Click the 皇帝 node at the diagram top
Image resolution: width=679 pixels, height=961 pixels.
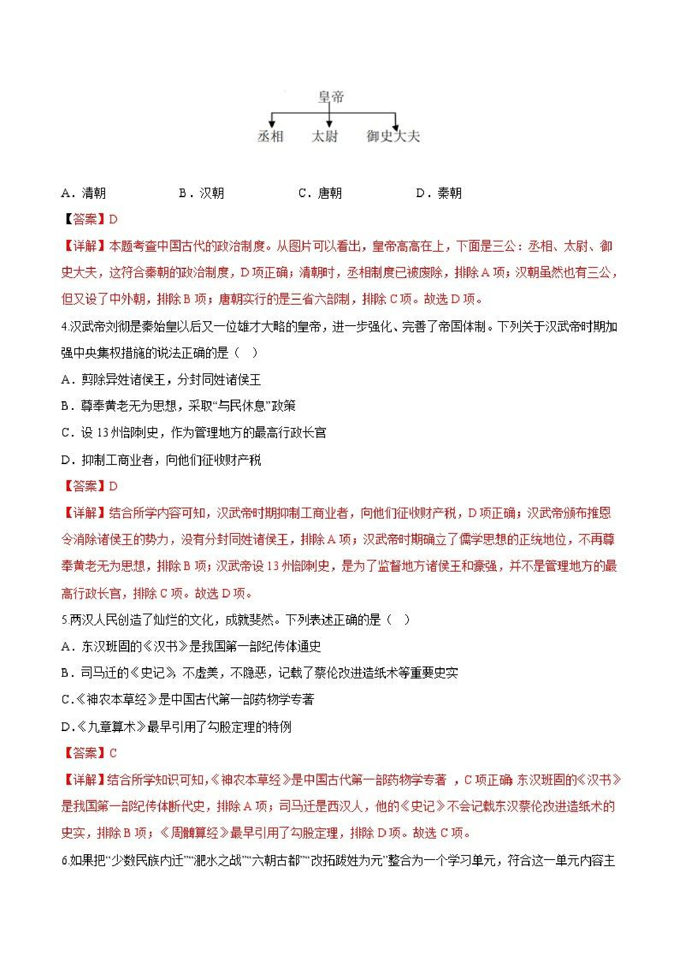click(330, 97)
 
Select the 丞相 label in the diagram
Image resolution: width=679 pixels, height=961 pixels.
click(270, 136)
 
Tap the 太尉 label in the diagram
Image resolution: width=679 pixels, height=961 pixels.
click(324, 136)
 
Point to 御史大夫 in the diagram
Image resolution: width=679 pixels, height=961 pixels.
click(393, 136)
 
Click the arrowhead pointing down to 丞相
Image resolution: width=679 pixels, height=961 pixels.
click(272, 124)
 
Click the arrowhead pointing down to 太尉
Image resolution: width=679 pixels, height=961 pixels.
click(329, 124)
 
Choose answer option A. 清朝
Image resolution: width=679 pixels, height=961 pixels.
click(84, 193)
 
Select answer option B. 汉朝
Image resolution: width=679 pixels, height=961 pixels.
click(202, 193)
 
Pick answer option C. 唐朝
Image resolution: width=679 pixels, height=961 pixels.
click(320, 193)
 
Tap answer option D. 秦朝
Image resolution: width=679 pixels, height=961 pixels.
click(439, 193)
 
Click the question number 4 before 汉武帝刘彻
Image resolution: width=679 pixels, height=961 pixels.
click(64, 327)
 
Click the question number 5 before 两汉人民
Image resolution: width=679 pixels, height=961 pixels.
click(64, 620)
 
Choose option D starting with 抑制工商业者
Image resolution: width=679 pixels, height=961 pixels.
click(161, 460)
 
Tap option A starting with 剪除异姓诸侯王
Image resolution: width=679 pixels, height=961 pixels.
click(161, 379)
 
